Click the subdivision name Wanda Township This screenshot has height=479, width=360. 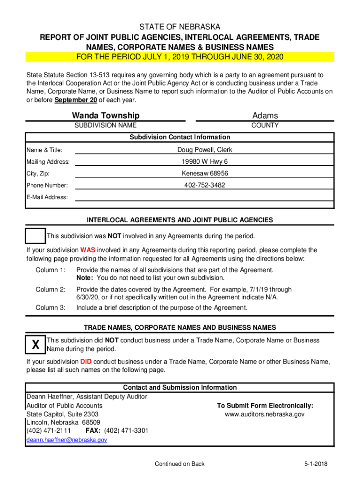pyautogui.click(x=105, y=116)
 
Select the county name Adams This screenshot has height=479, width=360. pyautogui.click(x=265, y=116)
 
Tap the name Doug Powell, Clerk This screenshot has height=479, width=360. pyautogui.click(x=204, y=150)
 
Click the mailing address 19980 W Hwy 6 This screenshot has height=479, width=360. pyautogui.click(x=204, y=162)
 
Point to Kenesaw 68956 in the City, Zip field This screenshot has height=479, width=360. pyautogui.click(x=204, y=174)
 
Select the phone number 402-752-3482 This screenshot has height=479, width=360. pyautogui.click(x=204, y=185)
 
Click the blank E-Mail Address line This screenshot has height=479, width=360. pyautogui.click(x=204, y=197)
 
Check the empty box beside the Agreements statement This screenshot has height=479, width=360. pyautogui.click(x=36, y=236)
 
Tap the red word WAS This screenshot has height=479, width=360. pyautogui.click(x=87, y=250)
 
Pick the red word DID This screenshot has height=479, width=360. pyautogui.click(x=86, y=362)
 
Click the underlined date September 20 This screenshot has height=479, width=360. pyautogui.click(x=72, y=101)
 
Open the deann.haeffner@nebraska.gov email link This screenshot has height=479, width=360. pyautogui.click(x=67, y=440)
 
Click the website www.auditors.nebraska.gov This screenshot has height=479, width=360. pyautogui.click(x=265, y=414)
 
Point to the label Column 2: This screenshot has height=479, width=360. pyautogui.click(x=50, y=290)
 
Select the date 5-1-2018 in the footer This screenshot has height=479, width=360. pyautogui.click(x=315, y=464)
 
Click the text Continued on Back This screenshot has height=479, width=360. pyautogui.click(x=180, y=464)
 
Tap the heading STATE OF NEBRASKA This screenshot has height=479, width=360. pyautogui.click(x=180, y=27)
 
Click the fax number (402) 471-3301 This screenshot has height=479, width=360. pyautogui.click(x=126, y=430)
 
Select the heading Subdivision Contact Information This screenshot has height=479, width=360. pyautogui.click(x=180, y=137)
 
